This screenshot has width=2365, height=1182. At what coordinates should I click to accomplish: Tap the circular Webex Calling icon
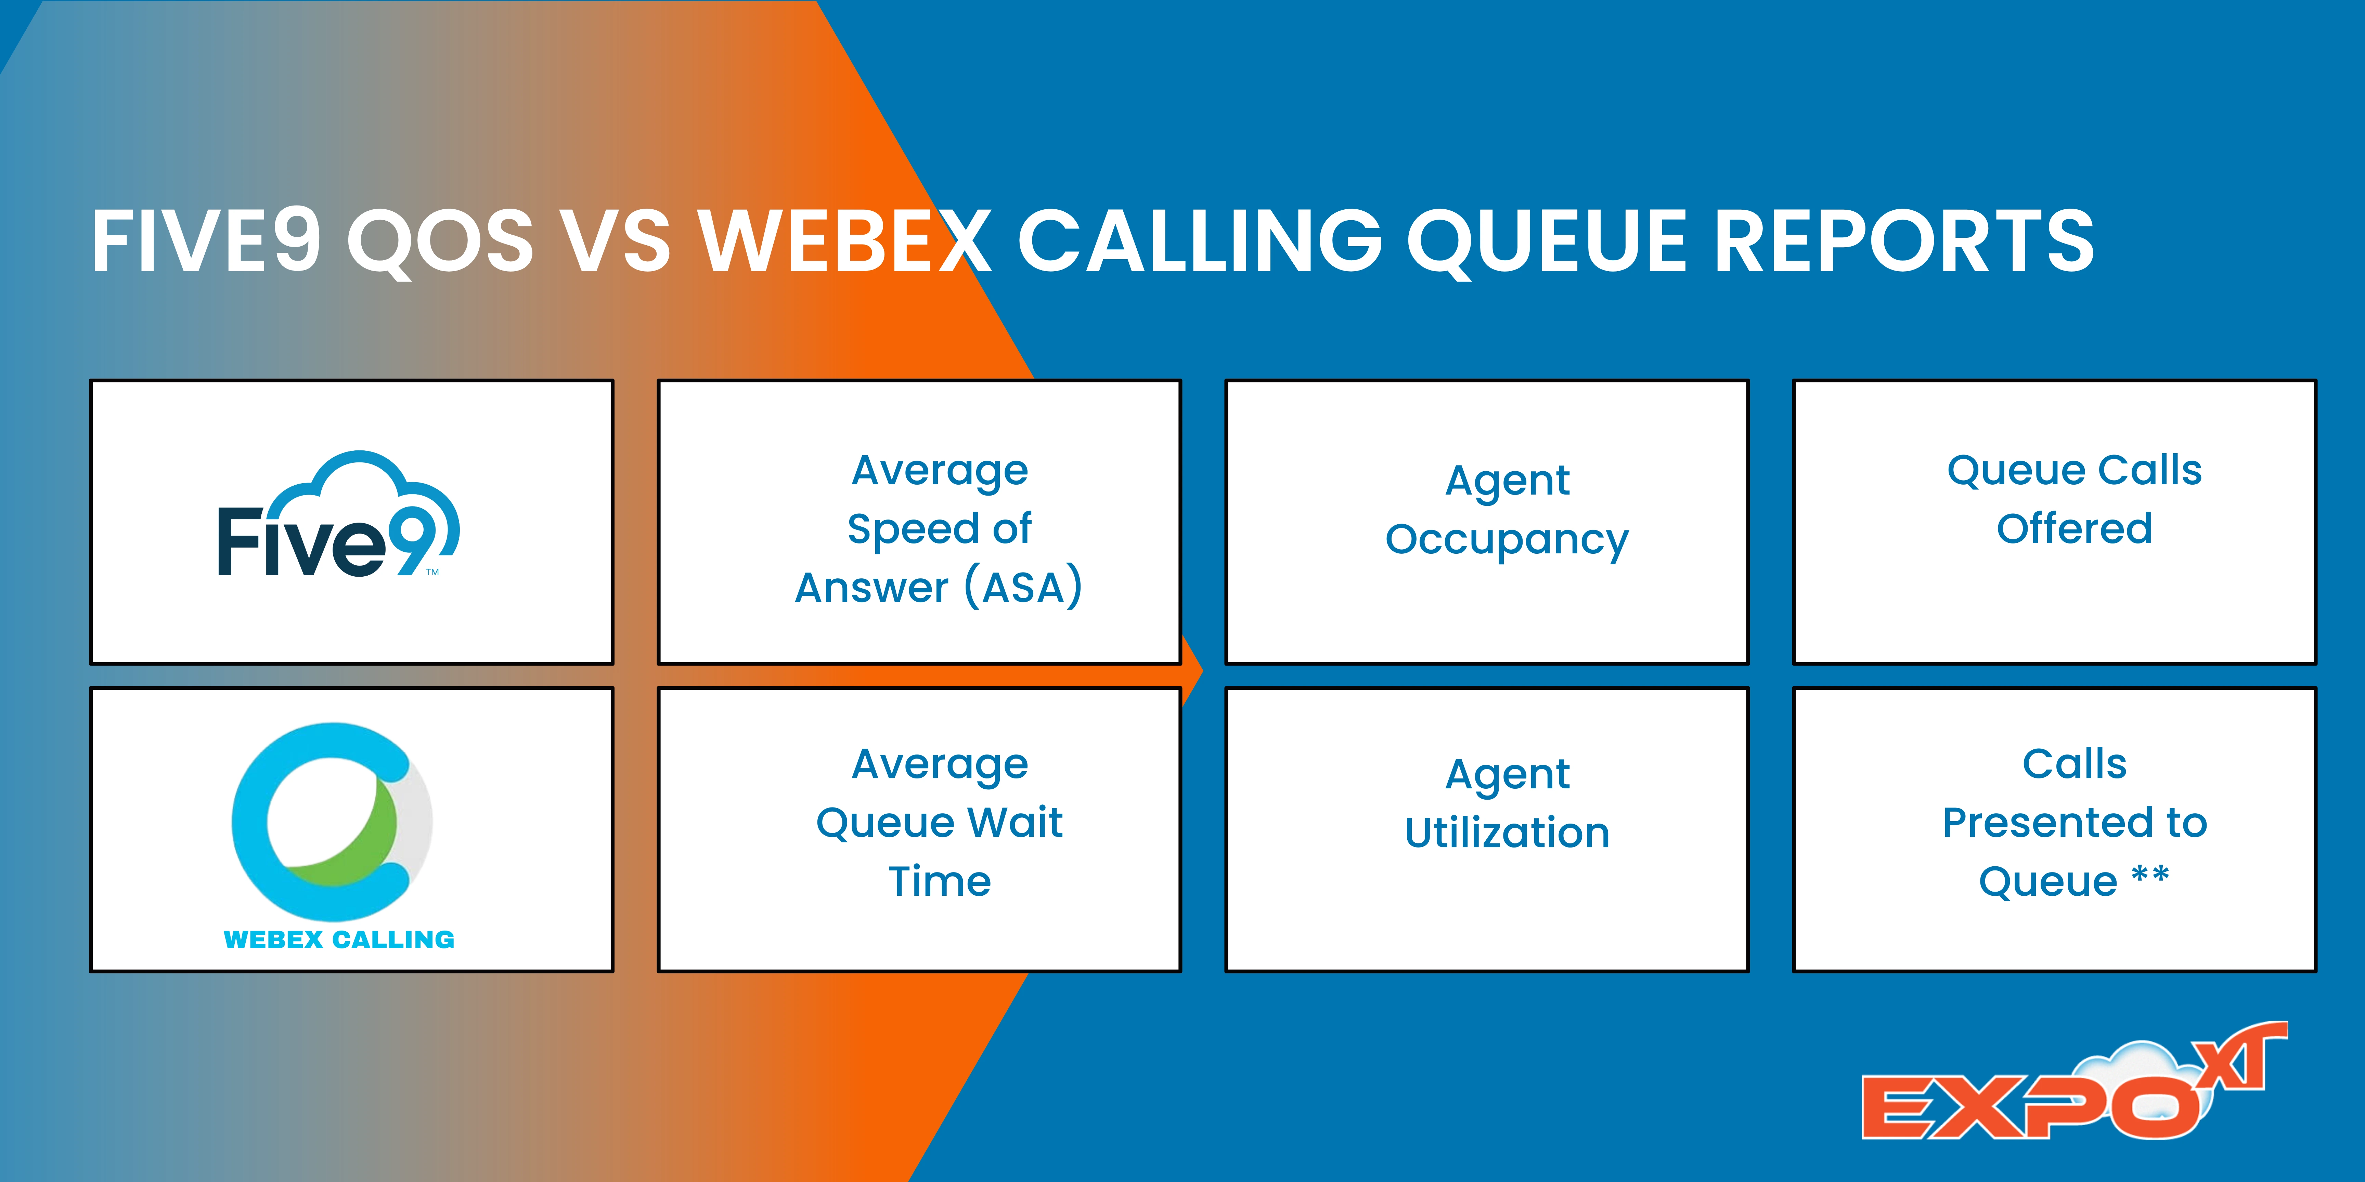(331, 821)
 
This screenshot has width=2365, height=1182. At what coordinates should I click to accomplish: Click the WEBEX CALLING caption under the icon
(339, 940)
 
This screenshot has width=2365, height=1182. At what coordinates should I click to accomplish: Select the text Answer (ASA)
(938, 587)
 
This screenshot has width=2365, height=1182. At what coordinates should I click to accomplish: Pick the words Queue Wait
(938, 822)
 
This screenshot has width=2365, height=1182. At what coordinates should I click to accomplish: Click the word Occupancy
(1507, 540)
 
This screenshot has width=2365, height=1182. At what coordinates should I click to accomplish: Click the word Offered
(2074, 529)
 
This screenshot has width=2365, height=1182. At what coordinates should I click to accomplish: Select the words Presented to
(2074, 822)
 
